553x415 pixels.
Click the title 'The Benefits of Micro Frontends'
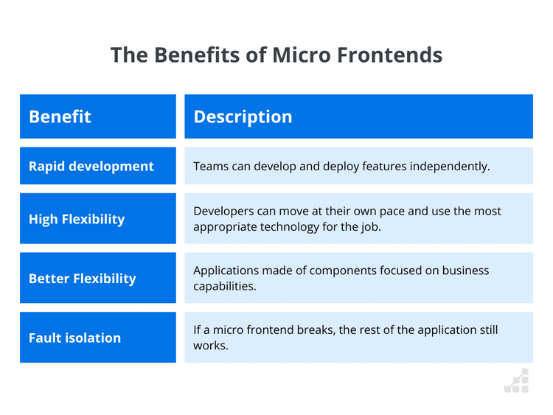click(276, 55)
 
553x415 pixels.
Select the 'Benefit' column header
click(60, 116)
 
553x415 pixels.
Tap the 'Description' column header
click(243, 116)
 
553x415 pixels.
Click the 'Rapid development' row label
click(91, 166)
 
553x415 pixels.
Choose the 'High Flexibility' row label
click(77, 219)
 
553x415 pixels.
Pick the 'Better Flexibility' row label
click(83, 278)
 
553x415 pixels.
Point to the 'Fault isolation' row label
click(74, 338)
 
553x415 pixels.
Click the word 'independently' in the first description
click(450, 166)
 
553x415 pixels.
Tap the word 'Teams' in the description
click(210, 166)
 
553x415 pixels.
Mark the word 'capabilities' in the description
click(224, 286)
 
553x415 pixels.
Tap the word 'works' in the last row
click(210, 345)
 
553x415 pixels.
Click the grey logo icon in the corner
click(517, 380)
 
